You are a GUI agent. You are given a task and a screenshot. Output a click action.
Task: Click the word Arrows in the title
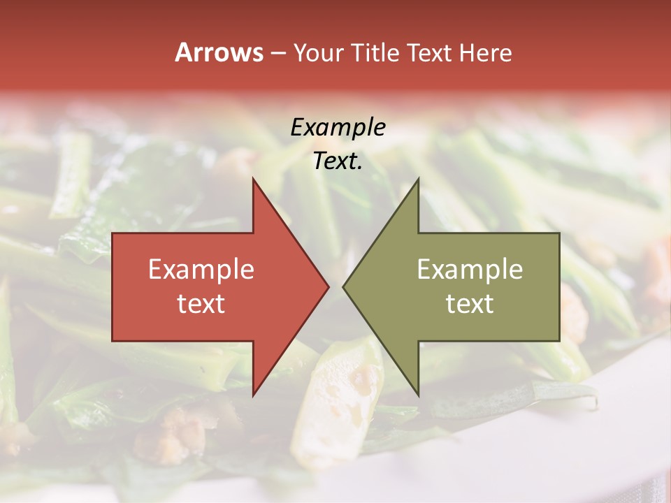[x=219, y=52]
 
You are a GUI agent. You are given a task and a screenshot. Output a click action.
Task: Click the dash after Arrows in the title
[x=277, y=54]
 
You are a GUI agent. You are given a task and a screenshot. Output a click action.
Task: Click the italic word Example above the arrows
[x=338, y=127]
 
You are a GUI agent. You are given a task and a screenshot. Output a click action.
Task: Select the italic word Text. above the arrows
[x=338, y=161]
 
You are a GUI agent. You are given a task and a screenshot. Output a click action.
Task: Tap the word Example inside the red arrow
[x=201, y=270]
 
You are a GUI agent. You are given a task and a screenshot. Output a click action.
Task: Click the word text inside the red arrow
[x=201, y=304]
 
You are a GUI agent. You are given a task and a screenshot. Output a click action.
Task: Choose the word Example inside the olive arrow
[x=470, y=270]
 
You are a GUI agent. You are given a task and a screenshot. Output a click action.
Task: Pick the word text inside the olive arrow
[x=470, y=304]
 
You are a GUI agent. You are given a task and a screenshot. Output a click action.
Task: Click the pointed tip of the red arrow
[x=329, y=287]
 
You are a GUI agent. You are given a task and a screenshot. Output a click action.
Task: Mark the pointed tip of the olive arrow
[x=343, y=287]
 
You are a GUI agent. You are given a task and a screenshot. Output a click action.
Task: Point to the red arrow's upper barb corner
[x=253, y=179]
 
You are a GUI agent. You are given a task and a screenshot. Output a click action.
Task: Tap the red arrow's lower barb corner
[x=253, y=395]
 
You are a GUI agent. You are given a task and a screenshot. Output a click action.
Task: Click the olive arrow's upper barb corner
[x=418, y=179]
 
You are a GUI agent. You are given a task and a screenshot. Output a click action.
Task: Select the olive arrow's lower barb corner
[x=418, y=395]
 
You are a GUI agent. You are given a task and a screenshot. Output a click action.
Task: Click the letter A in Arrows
[x=183, y=52]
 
